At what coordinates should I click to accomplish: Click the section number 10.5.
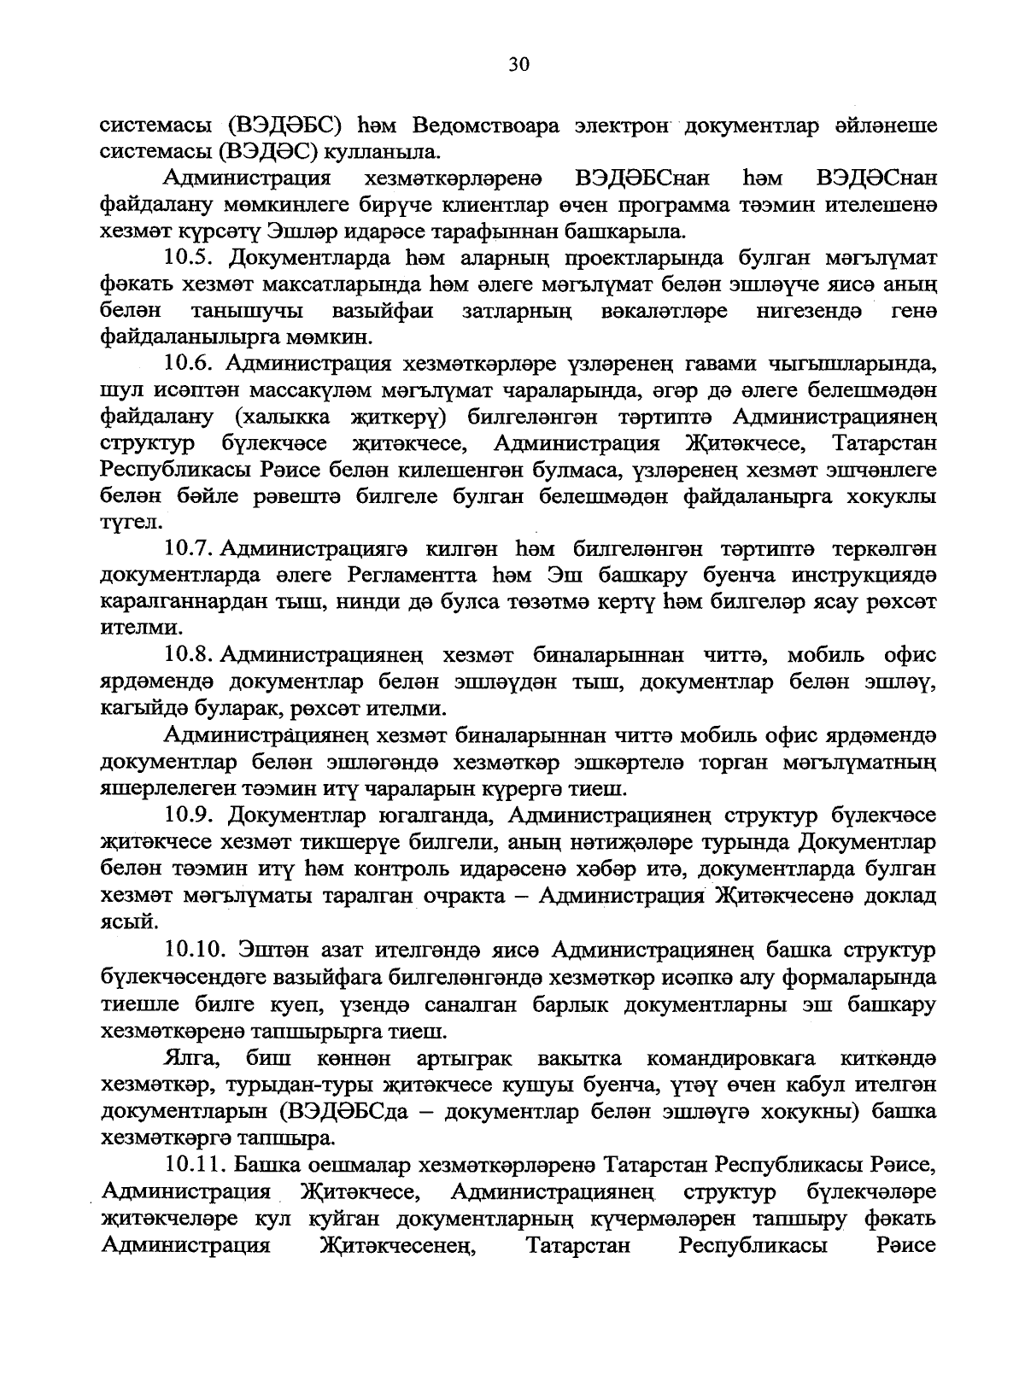[x=194, y=258]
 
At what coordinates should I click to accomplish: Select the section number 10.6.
[x=194, y=365]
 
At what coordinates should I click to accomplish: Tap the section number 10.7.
[x=194, y=548]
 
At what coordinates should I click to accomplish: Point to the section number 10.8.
[x=194, y=655]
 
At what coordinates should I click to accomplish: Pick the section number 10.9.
[x=194, y=815]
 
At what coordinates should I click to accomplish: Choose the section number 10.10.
[x=199, y=950]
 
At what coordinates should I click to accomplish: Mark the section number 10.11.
[x=199, y=1165]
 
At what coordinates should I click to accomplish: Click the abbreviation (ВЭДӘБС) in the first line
[x=285, y=126]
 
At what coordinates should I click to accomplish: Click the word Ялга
[x=192, y=1058]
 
